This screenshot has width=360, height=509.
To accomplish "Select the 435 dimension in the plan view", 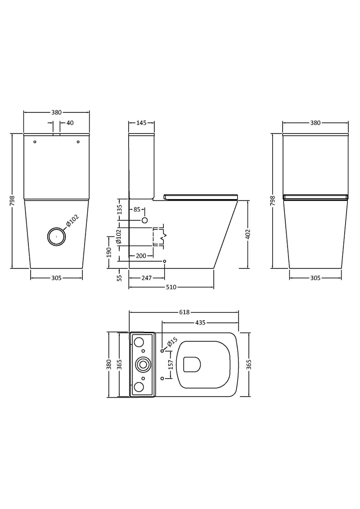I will click(x=200, y=322).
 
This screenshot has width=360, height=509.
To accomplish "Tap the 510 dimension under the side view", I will click(x=171, y=286).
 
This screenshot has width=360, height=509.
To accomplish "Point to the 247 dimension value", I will click(x=146, y=278).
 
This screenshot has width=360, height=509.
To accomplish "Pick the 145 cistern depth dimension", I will click(x=141, y=123).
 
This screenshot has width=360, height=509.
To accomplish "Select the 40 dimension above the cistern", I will click(x=70, y=123).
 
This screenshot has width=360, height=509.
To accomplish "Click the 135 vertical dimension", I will click(x=119, y=209).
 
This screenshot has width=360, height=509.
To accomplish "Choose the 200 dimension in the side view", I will click(x=140, y=255).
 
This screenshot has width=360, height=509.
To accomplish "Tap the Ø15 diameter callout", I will click(x=171, y=344).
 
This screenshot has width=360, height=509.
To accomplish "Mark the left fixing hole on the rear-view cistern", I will click(x=35, y=143).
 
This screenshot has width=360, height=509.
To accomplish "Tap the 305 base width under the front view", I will click(x=56, y=278).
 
